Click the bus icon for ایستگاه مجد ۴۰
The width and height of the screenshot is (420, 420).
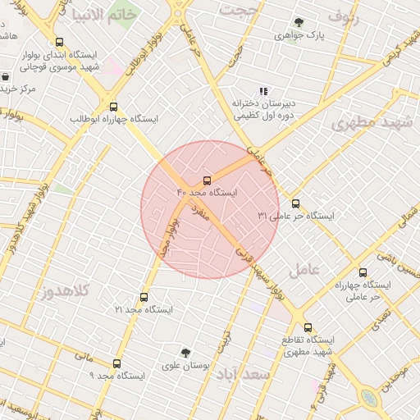[206, 180]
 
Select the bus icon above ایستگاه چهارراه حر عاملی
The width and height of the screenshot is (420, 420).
[362, 272]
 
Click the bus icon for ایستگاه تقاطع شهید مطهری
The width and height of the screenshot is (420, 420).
[308, 326]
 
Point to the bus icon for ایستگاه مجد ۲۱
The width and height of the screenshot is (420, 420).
[144, 297]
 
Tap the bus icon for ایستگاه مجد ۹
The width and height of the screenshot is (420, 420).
[116, 363]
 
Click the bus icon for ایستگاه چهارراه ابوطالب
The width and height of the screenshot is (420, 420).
[113, 107]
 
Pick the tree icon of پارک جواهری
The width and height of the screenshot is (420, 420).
[298, 23]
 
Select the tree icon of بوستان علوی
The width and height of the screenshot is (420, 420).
[186, 352]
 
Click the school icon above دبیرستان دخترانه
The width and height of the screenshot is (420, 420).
[262, 92]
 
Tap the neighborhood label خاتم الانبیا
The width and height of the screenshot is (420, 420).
[99, 16]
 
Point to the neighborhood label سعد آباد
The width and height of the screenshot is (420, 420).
[244, 374]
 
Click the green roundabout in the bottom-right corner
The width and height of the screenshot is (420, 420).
[369, 399]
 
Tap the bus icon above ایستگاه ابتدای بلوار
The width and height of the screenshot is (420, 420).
[58, 42]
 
